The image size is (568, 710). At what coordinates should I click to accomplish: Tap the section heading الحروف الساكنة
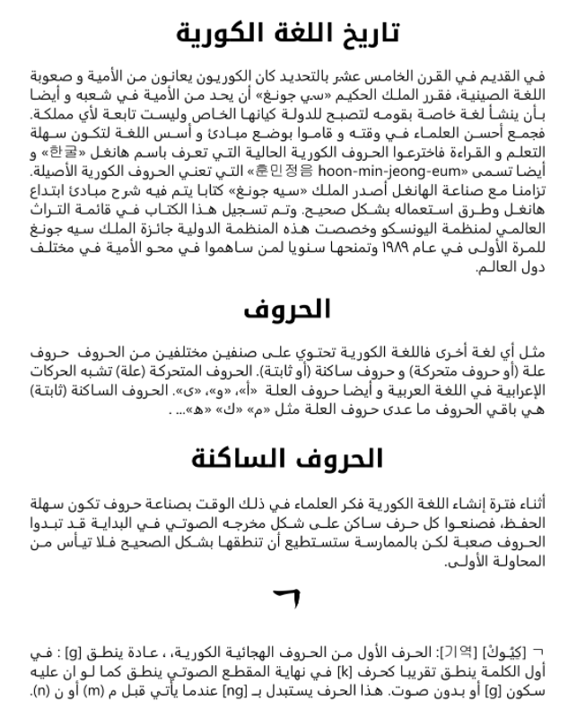coord(287,459)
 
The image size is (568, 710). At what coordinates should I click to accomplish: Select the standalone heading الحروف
coord(287,309)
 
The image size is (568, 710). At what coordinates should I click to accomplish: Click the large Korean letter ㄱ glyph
coord(286,595)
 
